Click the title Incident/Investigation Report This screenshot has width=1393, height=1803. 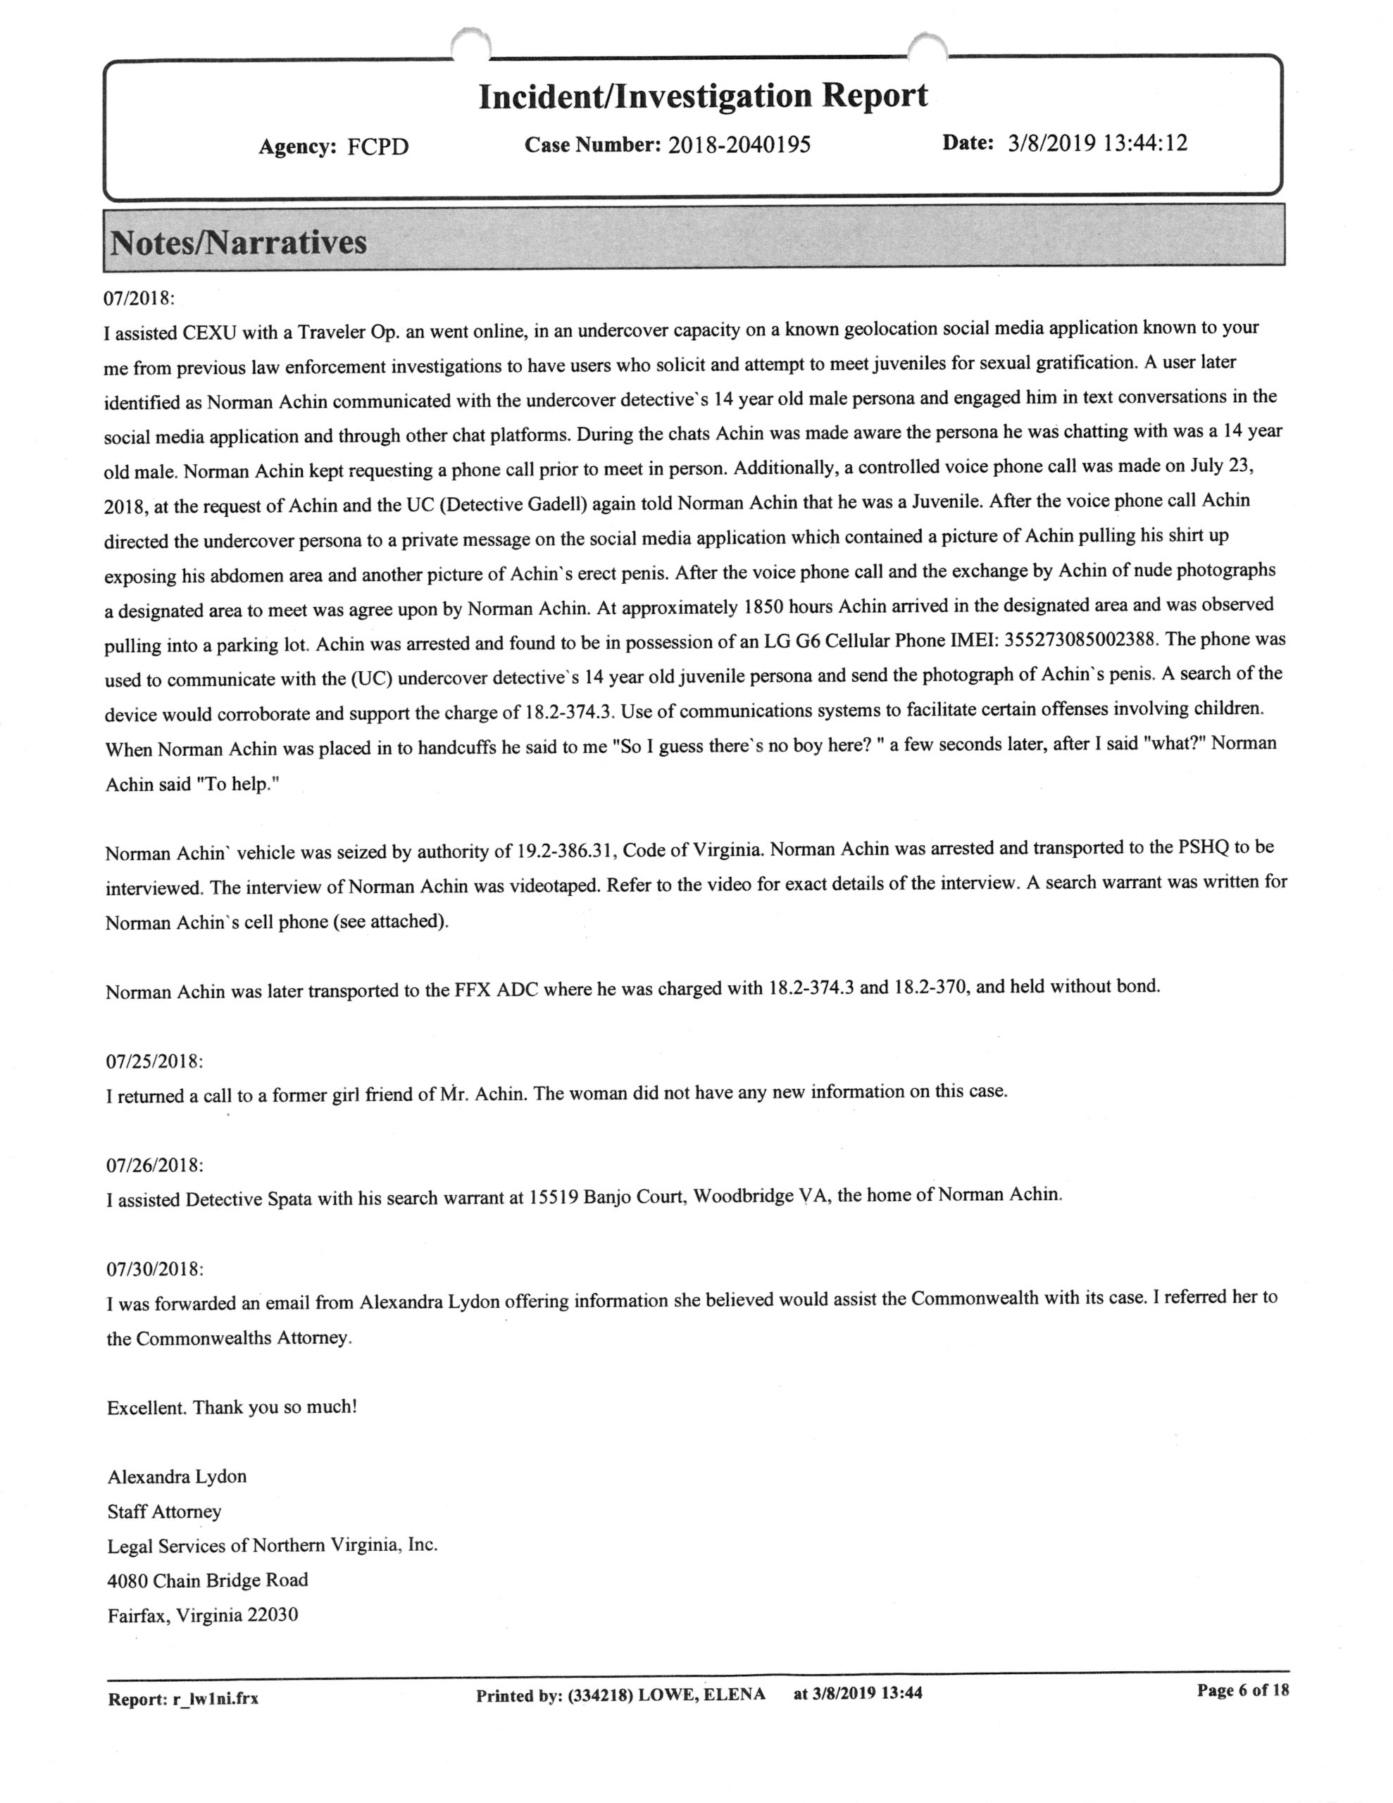coord(703,96)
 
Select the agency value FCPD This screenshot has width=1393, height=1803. coord(377,147)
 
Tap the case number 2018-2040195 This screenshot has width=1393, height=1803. coord(739,145)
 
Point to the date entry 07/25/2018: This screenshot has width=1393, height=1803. coord(154,1061)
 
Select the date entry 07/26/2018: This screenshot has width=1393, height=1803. coord(154,1165)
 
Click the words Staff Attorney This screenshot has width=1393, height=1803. coord(164,1511)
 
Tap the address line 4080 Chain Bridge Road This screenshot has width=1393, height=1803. coord(207,1580)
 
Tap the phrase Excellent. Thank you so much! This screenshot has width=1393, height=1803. coord(232,1406)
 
